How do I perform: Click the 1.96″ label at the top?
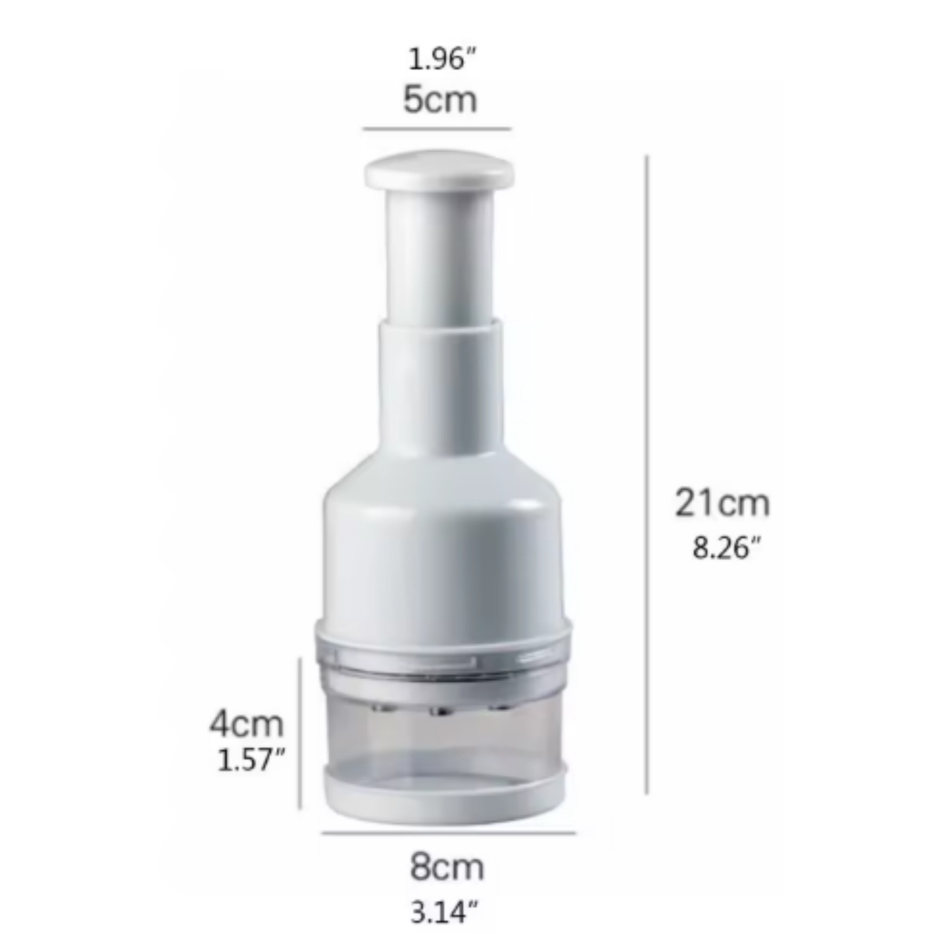point(442,59)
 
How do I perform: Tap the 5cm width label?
point(440,100)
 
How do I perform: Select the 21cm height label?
point(722,503)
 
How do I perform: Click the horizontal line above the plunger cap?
point(437,128)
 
